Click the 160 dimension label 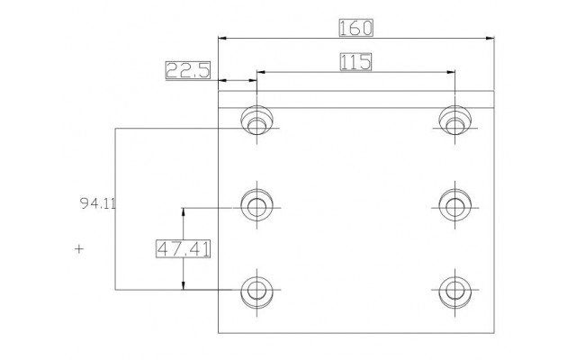pyautogui.click(x=355, y=28)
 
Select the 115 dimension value pyautogui.click(x=355, y=62)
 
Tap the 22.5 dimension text pyautogui.click(x=188, y=70)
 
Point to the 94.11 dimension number pyautogui.click(x=98, y=203)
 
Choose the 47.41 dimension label pyautogui.click(x=184, y=248)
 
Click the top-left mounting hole pyautogui.click(x=256, y=120)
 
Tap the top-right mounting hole pyautogui.click(x=455, y=120)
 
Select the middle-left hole pyautogui.click(x=256, y=205)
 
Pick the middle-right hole pyautogui.click(x=455, y=205)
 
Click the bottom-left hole pyautogui.click(x=256, y=292)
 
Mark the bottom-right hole pyautogui.click(x=455, y=292)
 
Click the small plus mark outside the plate pyautogui.click(x=79, y=249)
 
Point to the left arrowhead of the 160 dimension pyautogui.click(x=222, y=38)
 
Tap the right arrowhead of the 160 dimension pyautogui.click(x=490, y=38)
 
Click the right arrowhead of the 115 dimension pyautogui.click(x=451, y=72)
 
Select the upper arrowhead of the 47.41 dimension pyautogui.click(x=184, y=212)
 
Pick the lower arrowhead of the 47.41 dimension pyautogui.click(x=184, y=285)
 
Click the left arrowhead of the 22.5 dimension pyautogui.click(x=222, y=80)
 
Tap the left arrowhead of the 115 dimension pyautogui.click(x=261, y=72)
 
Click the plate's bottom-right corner pyautogui.click(x=494, y=333)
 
